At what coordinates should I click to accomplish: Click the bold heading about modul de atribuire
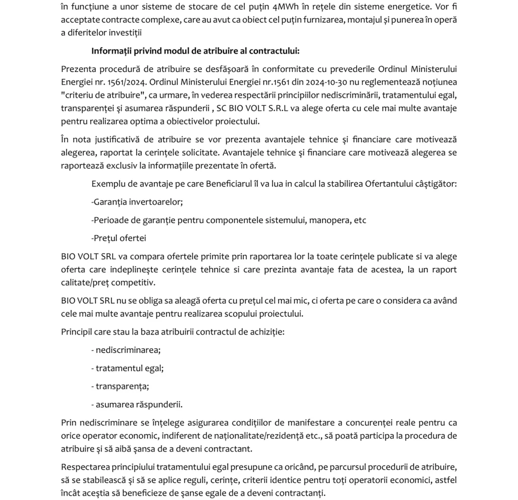tap(195, 51)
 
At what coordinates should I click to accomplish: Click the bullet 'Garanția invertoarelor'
tap(137, 201)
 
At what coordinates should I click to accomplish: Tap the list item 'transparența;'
tap(120, 386)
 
